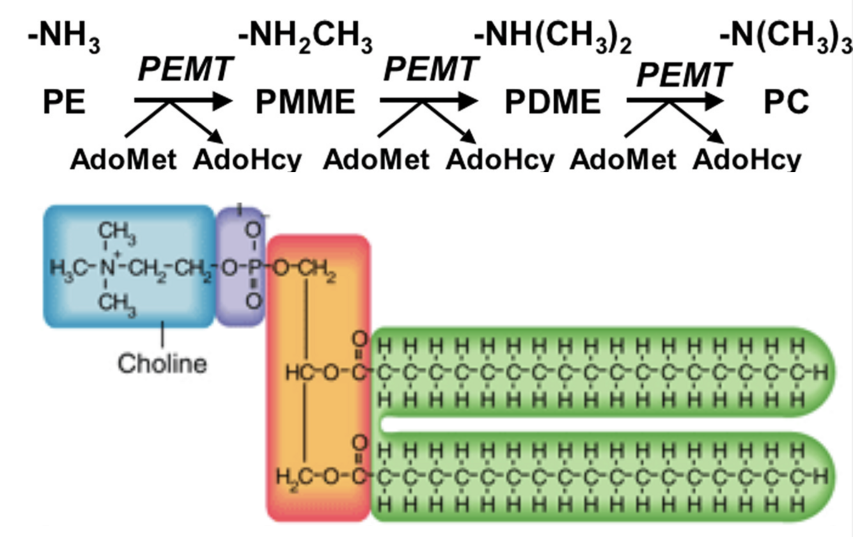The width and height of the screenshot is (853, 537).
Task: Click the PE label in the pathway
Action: [64, 102]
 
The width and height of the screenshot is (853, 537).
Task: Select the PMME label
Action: [305, 102]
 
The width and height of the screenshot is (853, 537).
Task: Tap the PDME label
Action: [552, 102]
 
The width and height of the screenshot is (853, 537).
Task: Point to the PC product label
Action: [786, 102]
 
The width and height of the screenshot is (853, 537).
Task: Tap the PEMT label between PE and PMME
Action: [185, 69]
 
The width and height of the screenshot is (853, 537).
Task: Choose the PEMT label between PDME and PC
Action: [683, 75]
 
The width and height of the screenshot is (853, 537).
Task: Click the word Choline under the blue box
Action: [162, 363]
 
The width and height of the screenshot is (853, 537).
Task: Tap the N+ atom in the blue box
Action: [106, 266]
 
